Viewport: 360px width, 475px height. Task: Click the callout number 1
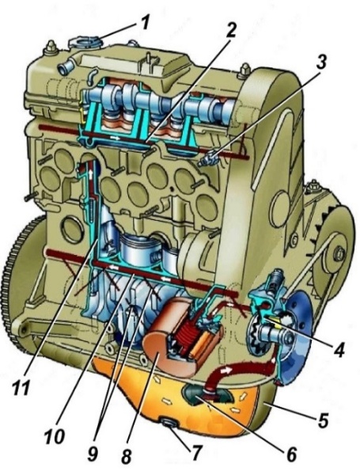pyautogui.click(x=146, y=22)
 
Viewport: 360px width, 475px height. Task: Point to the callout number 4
pyautogui.click(x=339, y=350)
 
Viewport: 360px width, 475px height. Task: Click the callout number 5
pyautogui.click(x=323, y=420)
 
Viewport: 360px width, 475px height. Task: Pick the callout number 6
pyautogui.click(x=291, y=454)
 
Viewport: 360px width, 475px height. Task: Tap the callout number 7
pyautogui.click(x=196, y=454)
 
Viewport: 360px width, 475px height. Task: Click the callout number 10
pyautogui.click(x=55, y=437)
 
